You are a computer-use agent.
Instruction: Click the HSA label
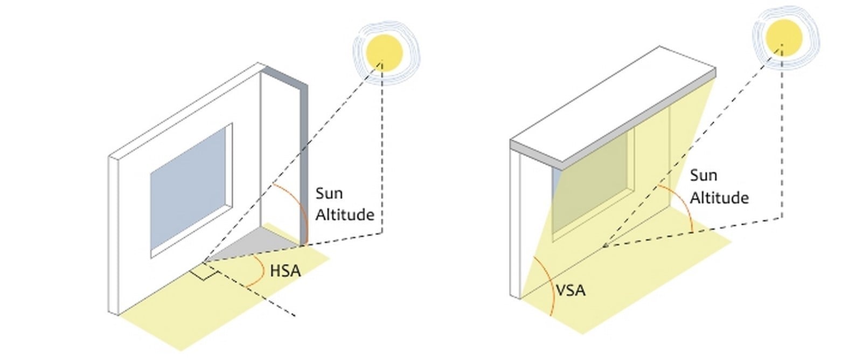285,271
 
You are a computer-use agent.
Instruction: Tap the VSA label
571,290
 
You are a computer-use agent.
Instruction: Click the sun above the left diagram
384,53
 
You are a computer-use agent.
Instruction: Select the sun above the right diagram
783,37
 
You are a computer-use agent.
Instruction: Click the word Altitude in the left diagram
345,214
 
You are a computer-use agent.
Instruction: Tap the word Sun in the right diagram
704,176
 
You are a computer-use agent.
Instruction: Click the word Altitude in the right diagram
719,198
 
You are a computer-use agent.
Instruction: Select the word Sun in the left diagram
329,193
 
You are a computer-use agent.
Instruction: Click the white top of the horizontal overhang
613,104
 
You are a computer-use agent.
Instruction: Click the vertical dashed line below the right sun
782,131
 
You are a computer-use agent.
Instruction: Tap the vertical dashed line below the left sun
382,148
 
